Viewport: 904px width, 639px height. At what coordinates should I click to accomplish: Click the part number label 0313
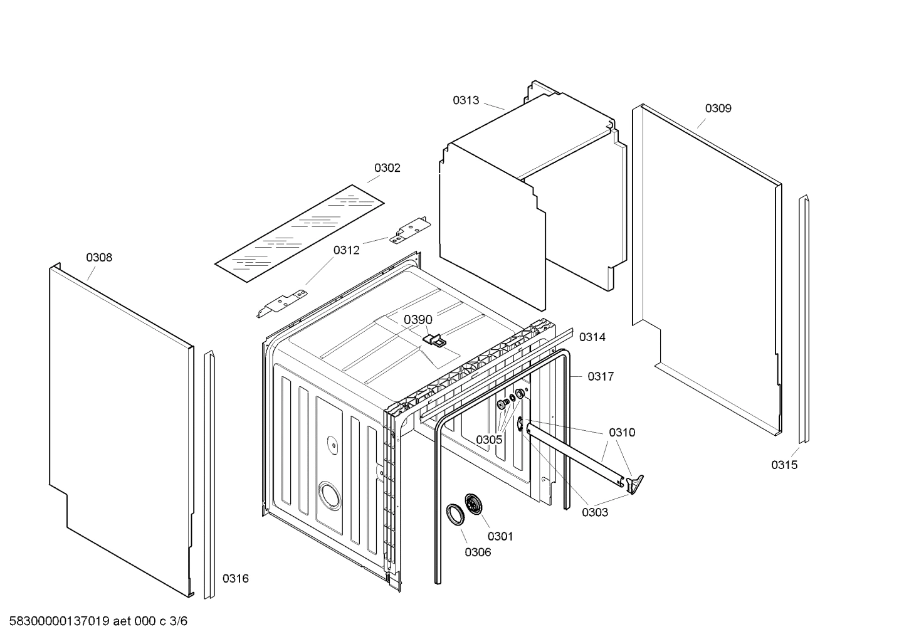coord(466,100)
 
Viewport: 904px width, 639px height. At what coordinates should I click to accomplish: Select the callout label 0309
coord(718,108)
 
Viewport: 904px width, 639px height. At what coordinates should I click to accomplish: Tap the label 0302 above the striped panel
coord(387,168)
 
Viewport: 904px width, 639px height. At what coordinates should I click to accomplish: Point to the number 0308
coord(99,258)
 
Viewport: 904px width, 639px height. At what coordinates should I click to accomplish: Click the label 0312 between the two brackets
coord(346,250)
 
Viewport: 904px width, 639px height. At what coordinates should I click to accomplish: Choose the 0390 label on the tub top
coord(418,320)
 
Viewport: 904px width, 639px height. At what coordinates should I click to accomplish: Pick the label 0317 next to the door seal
coord(600,377)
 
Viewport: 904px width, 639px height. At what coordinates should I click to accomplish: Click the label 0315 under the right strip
coord(784,465)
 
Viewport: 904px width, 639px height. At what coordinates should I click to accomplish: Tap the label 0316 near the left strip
coord(236,579)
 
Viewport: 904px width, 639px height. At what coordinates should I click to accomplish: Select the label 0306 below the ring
coord(478,552)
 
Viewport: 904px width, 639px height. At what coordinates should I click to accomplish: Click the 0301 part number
coord(500,536)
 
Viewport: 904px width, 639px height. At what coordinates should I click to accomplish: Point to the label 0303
coord(594,512)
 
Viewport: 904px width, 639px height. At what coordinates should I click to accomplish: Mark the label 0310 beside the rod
coord(622,433)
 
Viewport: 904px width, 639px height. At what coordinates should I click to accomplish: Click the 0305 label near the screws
coord(489,440)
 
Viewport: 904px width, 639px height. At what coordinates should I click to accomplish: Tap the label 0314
coord(592,337)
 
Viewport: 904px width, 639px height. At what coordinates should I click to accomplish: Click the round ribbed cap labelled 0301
coord(473,504)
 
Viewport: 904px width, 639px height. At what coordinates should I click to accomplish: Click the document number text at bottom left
coord(94,621)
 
